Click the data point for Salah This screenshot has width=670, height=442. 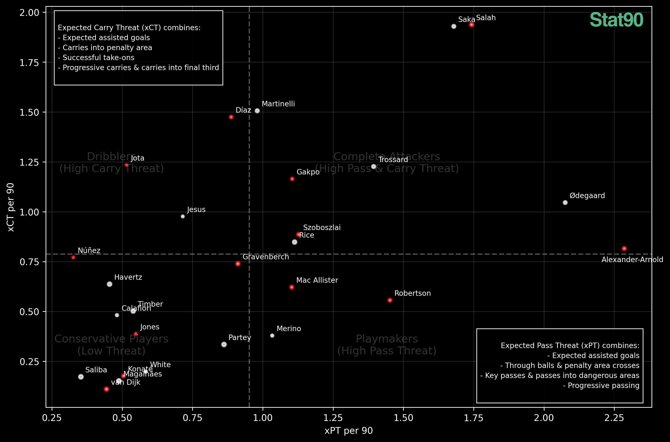click(x=471, y=25)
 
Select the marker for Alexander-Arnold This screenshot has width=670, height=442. click(x=624, y=249)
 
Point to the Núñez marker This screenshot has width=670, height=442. click(x=73, y=258)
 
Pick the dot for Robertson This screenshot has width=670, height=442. click(x=390, y=300)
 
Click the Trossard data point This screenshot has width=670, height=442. click(x=374, y=167)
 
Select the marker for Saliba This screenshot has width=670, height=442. click(x=81, y=377)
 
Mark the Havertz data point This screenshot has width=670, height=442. click(x=110, y=284)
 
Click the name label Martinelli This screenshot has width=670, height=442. click(x=278, y=104)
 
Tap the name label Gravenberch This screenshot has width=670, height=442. click(x=266, y=257)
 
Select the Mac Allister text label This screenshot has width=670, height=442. click(x=317, y=281)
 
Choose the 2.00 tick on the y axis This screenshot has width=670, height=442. click(x=29, y=13)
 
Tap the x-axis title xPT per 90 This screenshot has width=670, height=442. click(x=349, y=431)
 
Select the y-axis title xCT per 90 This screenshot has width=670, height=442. click(x=11, y=207)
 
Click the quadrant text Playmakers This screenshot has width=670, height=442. click(x=387, y=339)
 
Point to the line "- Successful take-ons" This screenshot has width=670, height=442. click(x=96, y=58)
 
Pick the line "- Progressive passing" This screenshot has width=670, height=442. click(x=601, y=386)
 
